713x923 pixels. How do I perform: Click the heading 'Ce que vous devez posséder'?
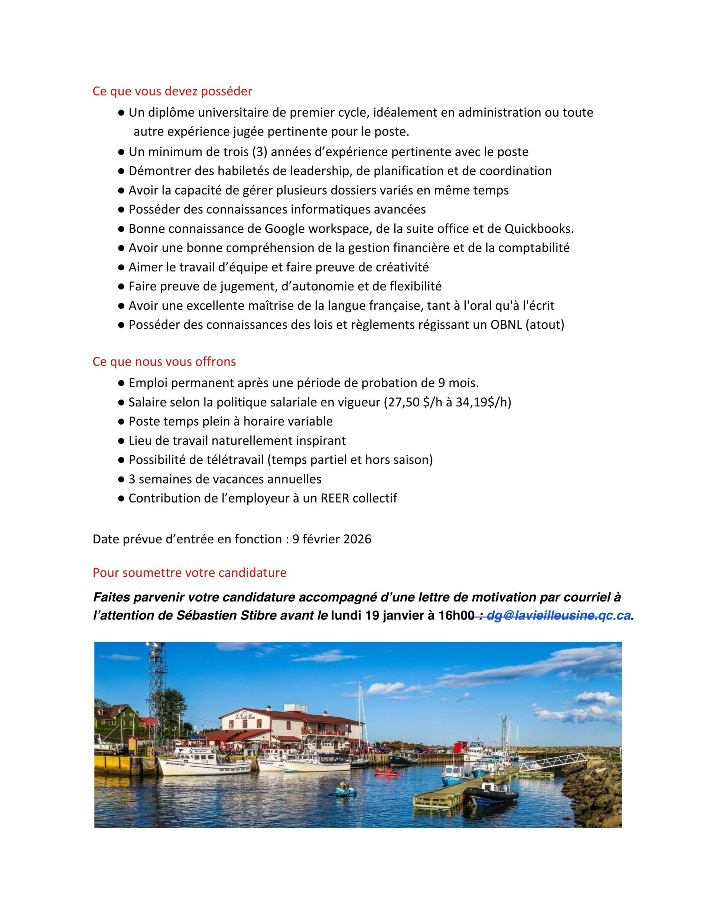tap(172, 91)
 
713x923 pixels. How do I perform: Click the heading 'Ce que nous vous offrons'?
tap(164, 362)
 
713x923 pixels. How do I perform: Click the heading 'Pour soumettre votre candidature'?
tap(189, 573)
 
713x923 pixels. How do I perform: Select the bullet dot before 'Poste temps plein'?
tap(121, 421)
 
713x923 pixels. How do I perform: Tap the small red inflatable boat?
tap(386, 772)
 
